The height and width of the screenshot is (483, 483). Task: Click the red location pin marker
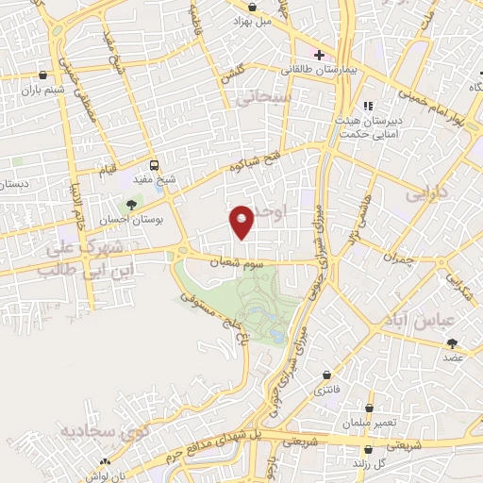point(242,220)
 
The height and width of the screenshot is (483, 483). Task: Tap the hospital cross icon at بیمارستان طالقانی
point(321,54)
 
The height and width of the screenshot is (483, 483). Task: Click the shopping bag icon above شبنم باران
point(43,75)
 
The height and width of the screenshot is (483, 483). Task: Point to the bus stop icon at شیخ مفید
point(154,162)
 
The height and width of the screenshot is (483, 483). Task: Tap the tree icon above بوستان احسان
point(131,202)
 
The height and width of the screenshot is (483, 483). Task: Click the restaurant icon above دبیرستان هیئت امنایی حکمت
point(368,106)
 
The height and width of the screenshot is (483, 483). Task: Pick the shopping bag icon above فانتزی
point(326,375)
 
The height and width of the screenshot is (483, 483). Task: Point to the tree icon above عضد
point(452,343)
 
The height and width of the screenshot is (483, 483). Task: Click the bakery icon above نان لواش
point(105,462)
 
